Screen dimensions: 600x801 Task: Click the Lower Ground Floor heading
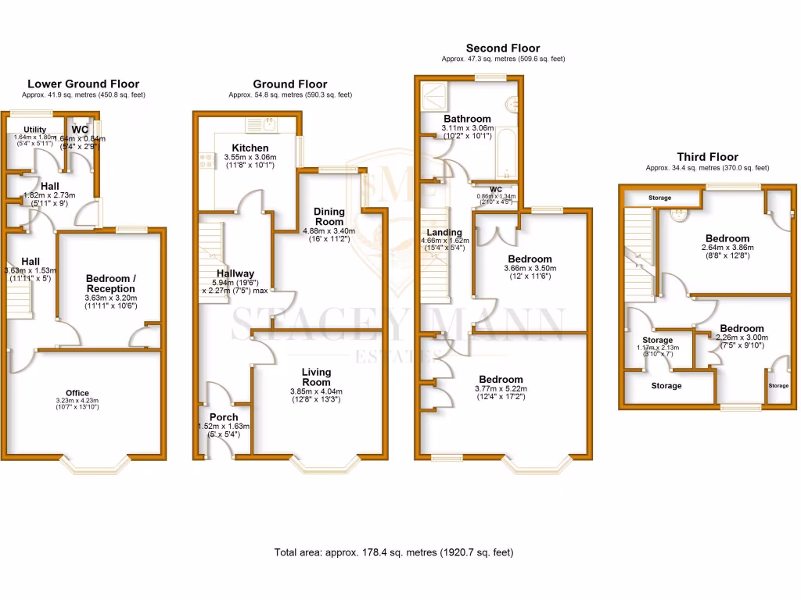click(x=83, y=84)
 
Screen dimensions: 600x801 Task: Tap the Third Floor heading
click(x=707, y=157)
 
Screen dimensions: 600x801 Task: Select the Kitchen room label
click(x=250, y=148)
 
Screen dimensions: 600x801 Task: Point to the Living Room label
click(x=317, y=377)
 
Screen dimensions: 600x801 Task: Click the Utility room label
click(x=35, y=130)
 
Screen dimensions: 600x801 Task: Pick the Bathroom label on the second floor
click(x=466, y=120)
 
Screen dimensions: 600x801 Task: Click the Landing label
click(x=444, y=232)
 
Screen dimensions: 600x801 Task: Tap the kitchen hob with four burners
click(x=207, y=161)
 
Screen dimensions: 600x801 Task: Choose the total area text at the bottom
click(x=393, y=552)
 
